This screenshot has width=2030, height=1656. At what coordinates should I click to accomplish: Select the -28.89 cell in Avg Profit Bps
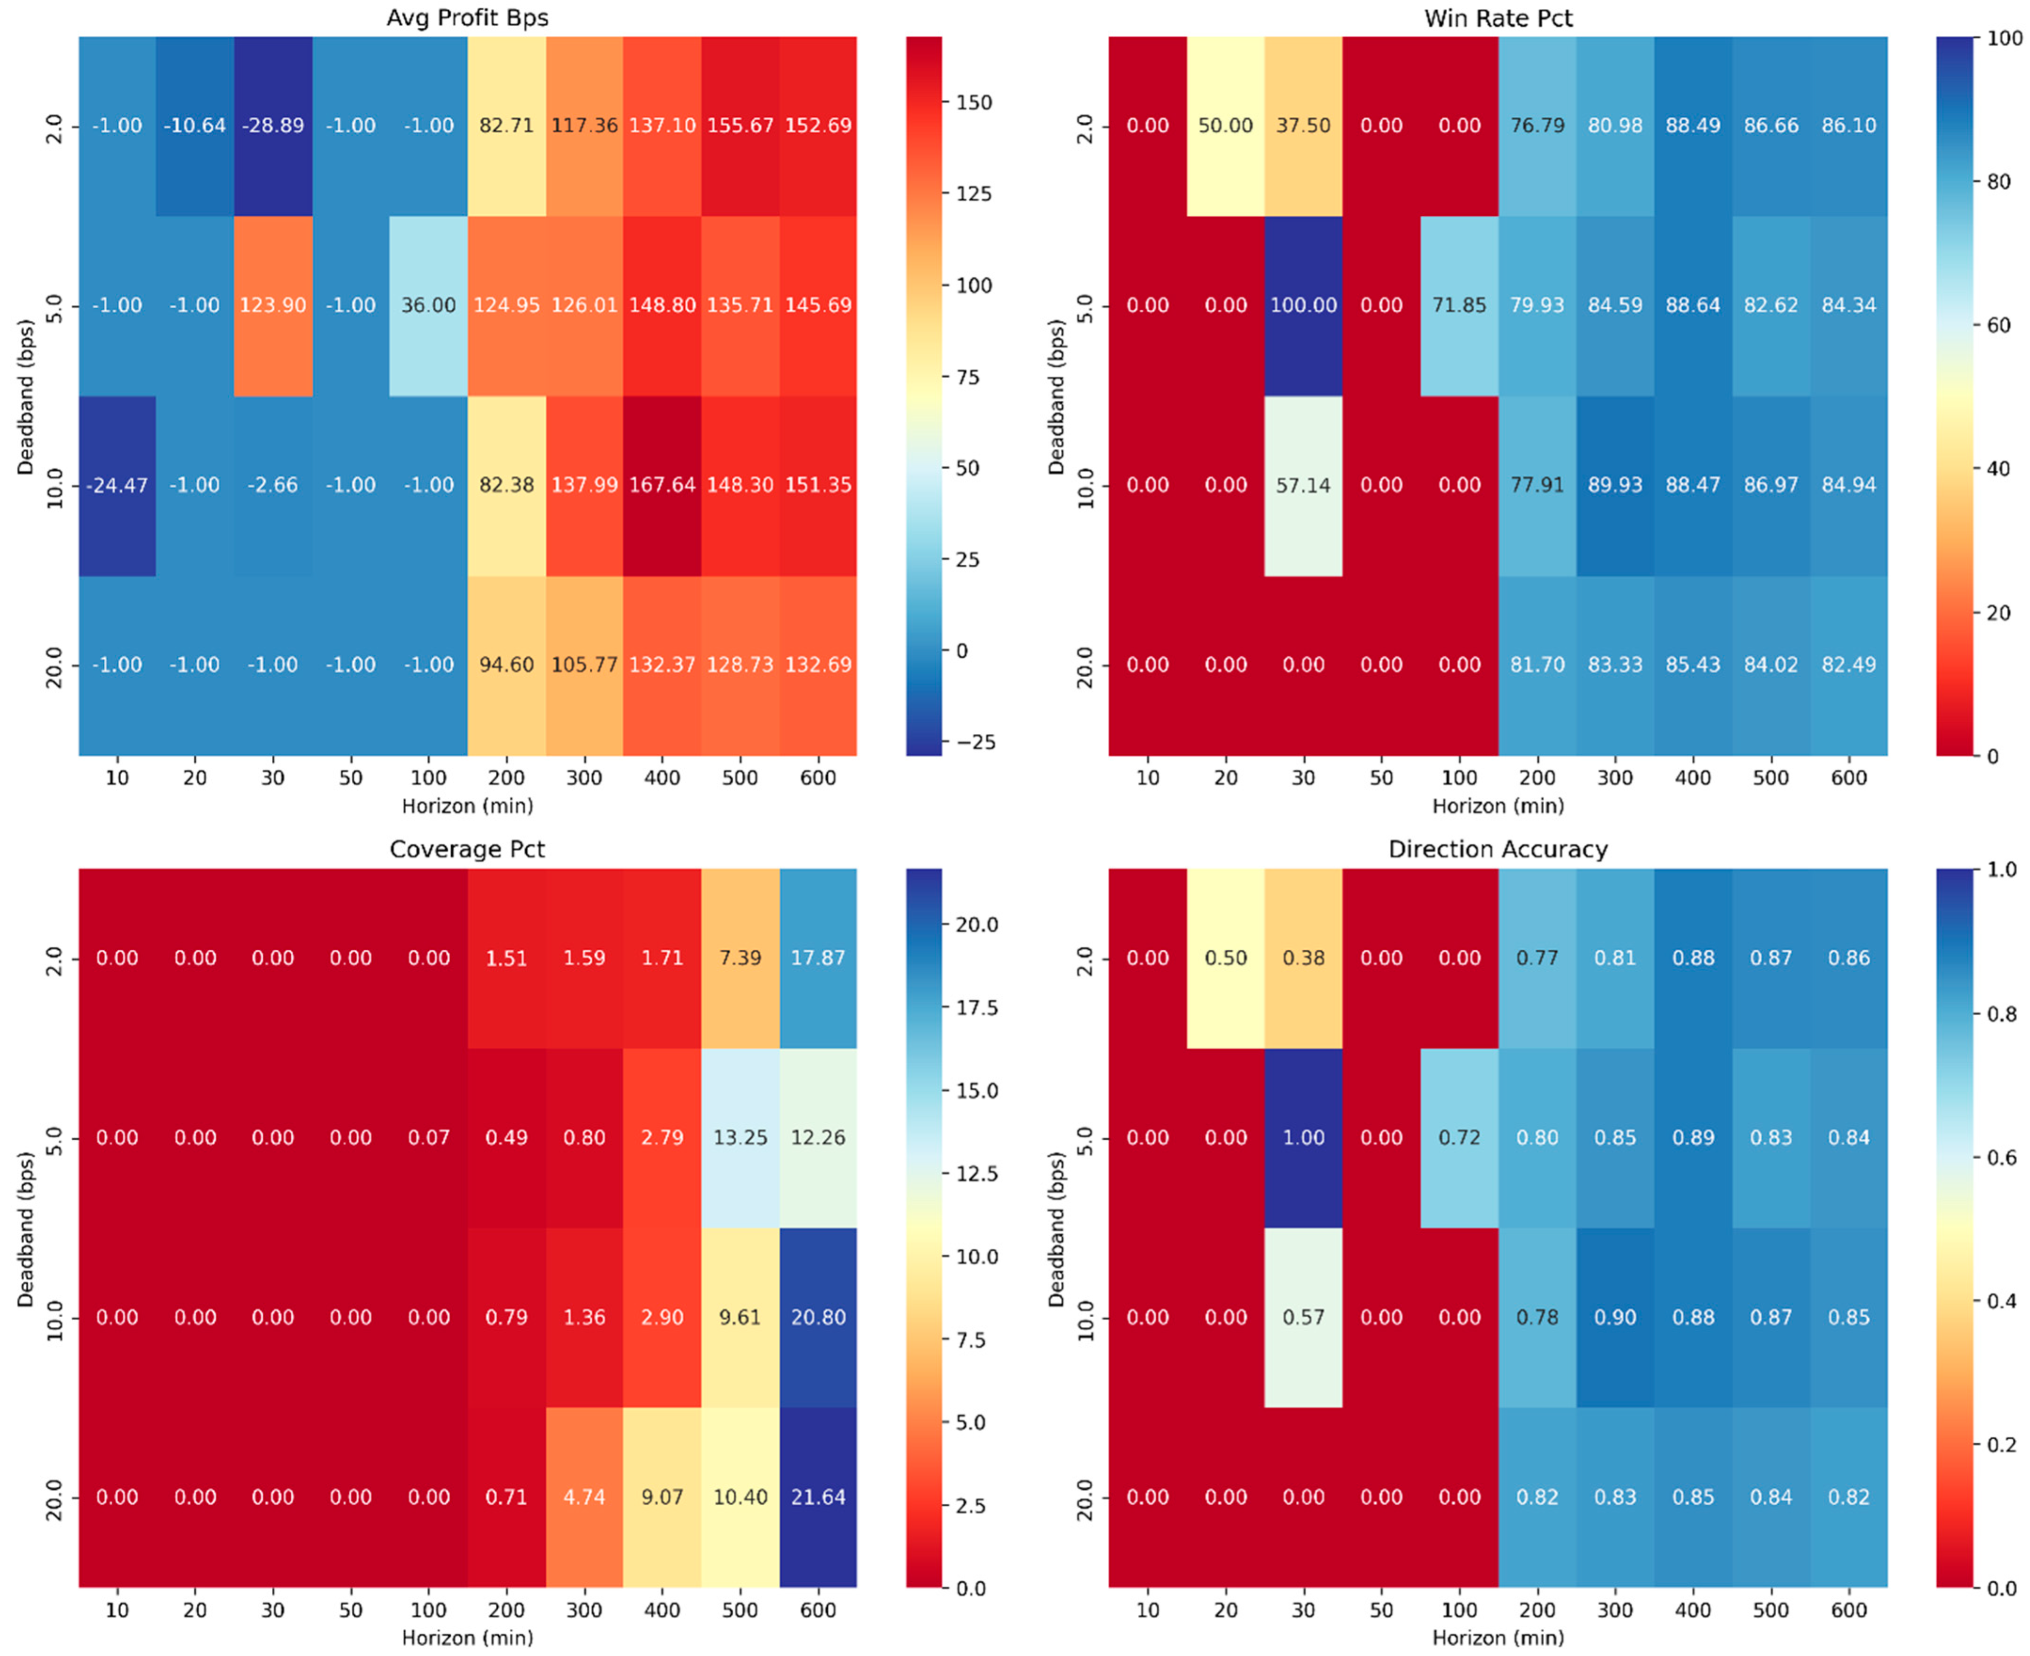point(273,125)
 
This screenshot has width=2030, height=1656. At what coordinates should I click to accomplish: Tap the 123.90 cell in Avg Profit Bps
point(273,305)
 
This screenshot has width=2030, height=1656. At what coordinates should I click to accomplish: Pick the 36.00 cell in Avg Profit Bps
point(428,305)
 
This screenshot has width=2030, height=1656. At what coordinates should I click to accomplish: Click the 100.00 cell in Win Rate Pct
point(1303,305)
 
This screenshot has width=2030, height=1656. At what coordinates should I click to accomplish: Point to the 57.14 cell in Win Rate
point(1303,485)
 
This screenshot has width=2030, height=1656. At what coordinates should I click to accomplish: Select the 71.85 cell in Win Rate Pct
point(1459,305)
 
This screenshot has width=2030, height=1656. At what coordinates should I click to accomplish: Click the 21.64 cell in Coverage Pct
point(818,1497)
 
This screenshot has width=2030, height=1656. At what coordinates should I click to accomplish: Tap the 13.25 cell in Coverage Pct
point(740,1137)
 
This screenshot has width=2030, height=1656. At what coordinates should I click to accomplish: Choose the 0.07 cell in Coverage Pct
point(428,1137)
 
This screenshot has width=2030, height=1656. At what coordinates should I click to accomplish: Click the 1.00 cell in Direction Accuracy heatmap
point(1303,1137)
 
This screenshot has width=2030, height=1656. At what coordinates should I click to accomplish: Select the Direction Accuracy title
point(1498,849)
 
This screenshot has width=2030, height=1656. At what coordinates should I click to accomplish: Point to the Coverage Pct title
point(467,849)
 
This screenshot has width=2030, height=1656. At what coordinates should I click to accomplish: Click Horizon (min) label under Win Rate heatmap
point(1498,806)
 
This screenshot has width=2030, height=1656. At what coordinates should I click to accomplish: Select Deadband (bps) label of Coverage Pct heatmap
point(26,1229)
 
